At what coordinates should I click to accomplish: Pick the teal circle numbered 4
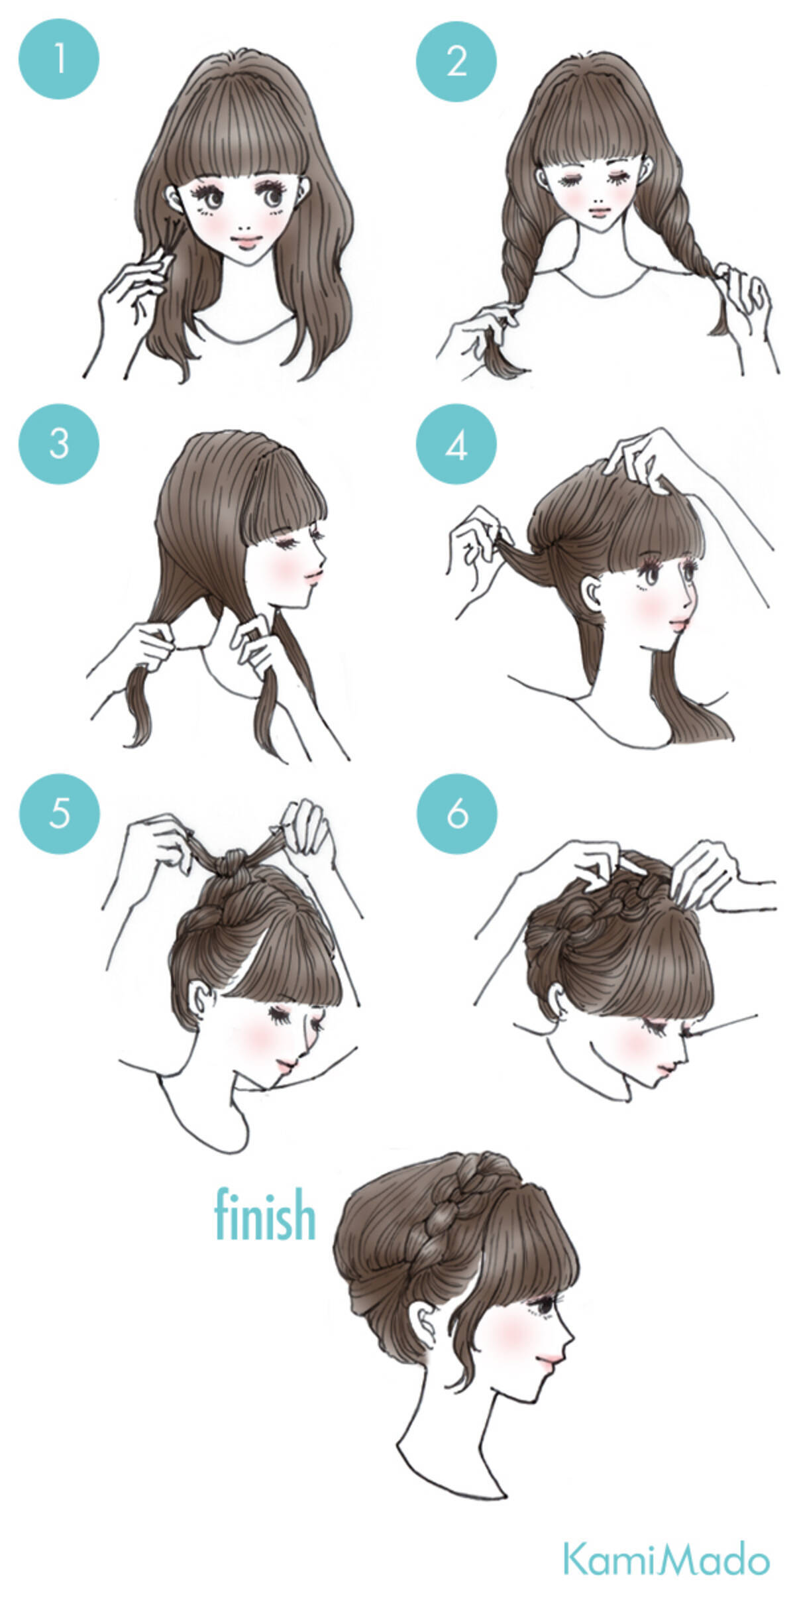(456, 446)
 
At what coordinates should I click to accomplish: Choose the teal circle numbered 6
(456, 813)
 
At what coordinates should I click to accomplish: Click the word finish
(265, 1214)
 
